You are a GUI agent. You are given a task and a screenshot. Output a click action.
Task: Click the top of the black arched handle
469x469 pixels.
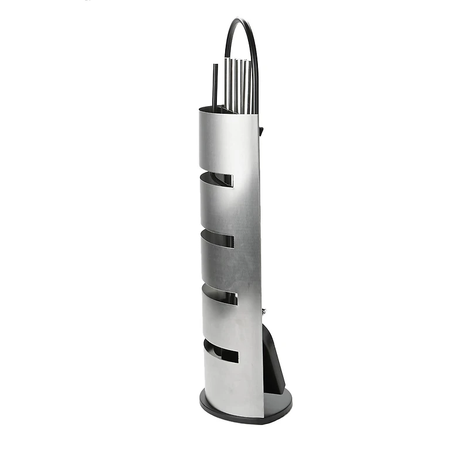240,21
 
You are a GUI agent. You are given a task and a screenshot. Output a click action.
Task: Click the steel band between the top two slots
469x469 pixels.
226,208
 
